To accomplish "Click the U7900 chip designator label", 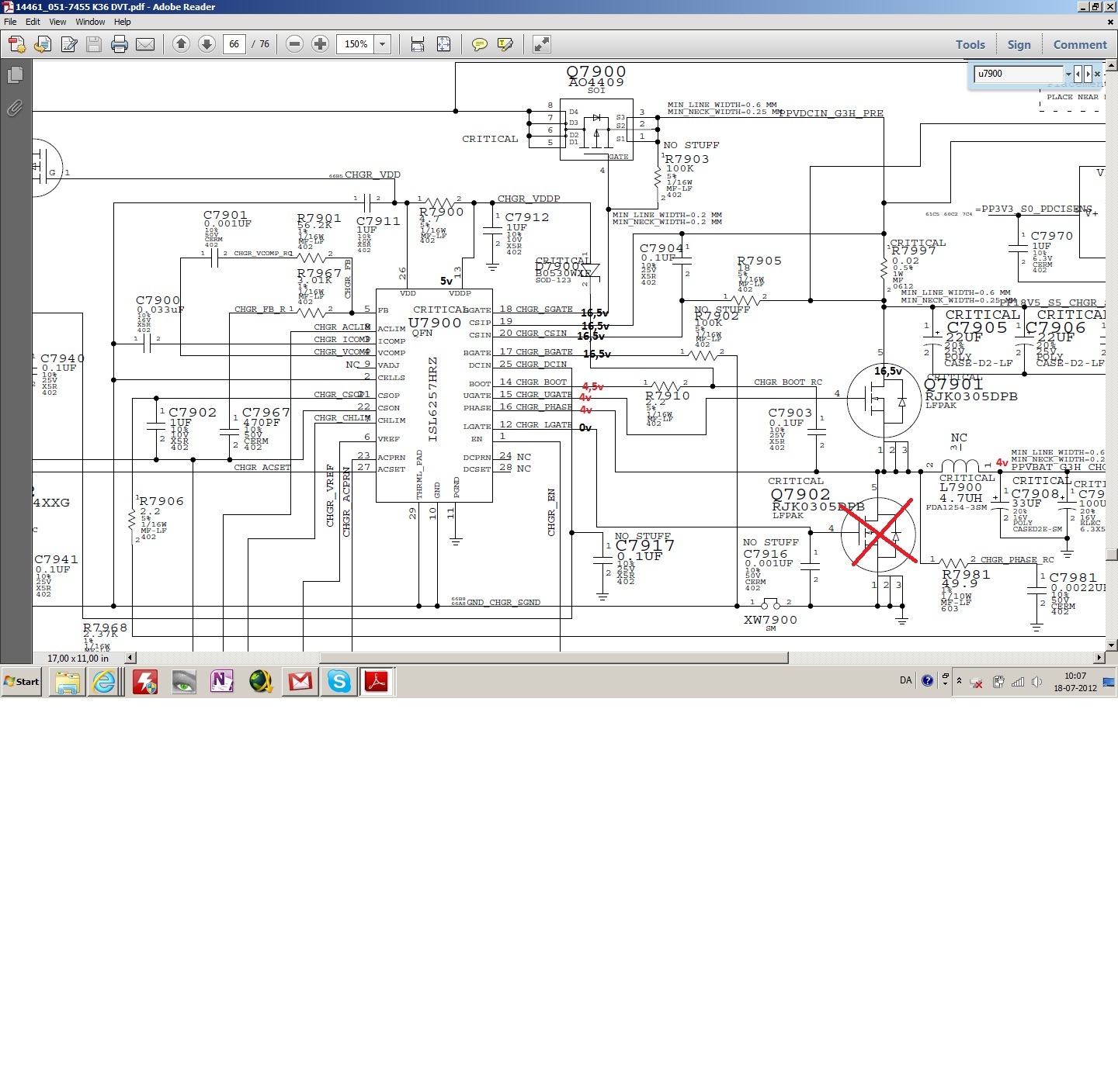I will click(435, 323).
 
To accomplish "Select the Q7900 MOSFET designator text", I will click(596, 71).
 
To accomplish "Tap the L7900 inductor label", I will click(960, 487).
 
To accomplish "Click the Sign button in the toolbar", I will click(1019, 45).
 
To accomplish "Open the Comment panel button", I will click(1079, 45).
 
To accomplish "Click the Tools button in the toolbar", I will click(970, 45).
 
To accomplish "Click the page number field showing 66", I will click(234, 44).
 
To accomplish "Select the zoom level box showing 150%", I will click(356, 44).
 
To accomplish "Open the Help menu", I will click(123, 22).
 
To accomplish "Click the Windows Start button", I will click(22, 682).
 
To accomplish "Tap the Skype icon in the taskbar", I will click(339, 682).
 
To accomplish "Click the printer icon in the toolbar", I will click(120, 44).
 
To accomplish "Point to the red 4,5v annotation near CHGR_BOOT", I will click(592, 386).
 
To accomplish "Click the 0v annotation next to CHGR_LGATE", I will click(585, 427).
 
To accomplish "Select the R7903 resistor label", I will click(687, 159).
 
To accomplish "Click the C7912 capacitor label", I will click(526, 217).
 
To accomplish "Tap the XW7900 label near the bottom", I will click(770, 620).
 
